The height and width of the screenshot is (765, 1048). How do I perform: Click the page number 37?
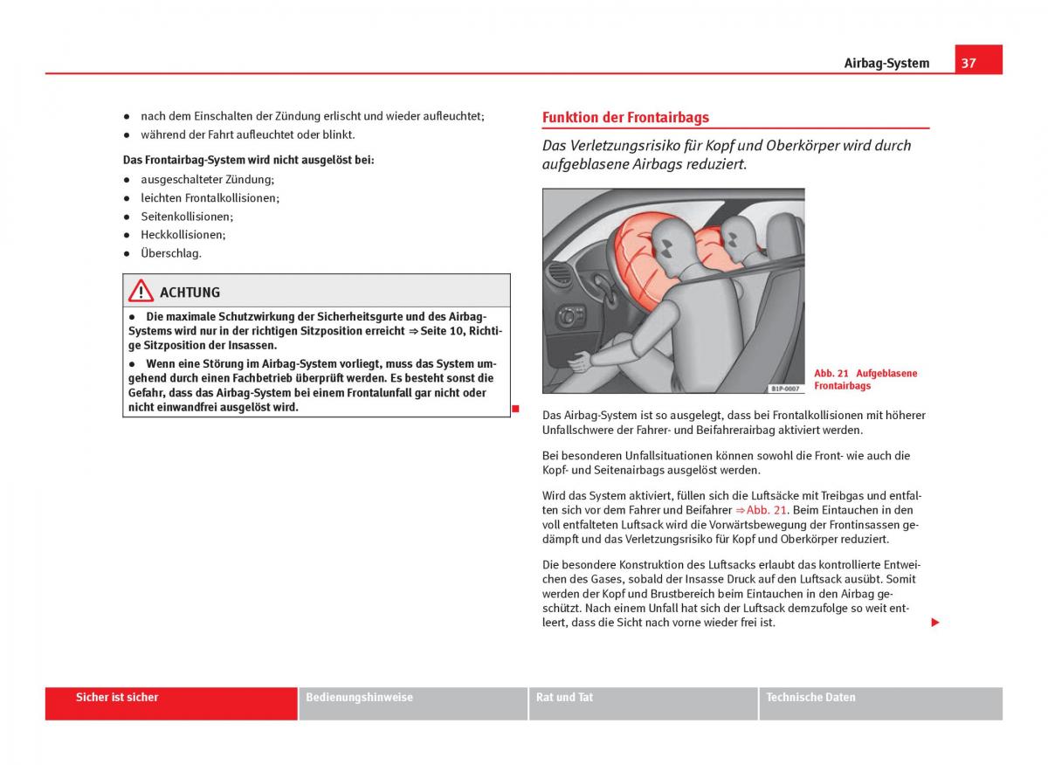[969, 63]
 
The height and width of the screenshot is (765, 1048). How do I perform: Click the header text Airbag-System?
[886, 63]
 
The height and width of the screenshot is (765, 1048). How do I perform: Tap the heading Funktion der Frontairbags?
[625, 117]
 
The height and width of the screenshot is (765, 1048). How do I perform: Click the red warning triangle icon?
[141, 291]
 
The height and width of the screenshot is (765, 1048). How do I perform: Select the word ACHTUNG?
[190, 293]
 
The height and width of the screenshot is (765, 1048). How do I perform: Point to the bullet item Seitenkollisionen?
[187, 217]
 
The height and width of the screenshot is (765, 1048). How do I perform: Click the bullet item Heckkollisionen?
[183, 235]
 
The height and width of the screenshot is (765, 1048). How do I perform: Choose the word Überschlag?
[171, 253]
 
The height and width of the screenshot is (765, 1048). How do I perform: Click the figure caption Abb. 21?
[831, 374]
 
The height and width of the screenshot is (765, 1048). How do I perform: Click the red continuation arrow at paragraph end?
[935, 623]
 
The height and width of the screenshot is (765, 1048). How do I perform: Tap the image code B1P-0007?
[785, 389]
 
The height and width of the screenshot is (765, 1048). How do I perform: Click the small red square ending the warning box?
[515, 409]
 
